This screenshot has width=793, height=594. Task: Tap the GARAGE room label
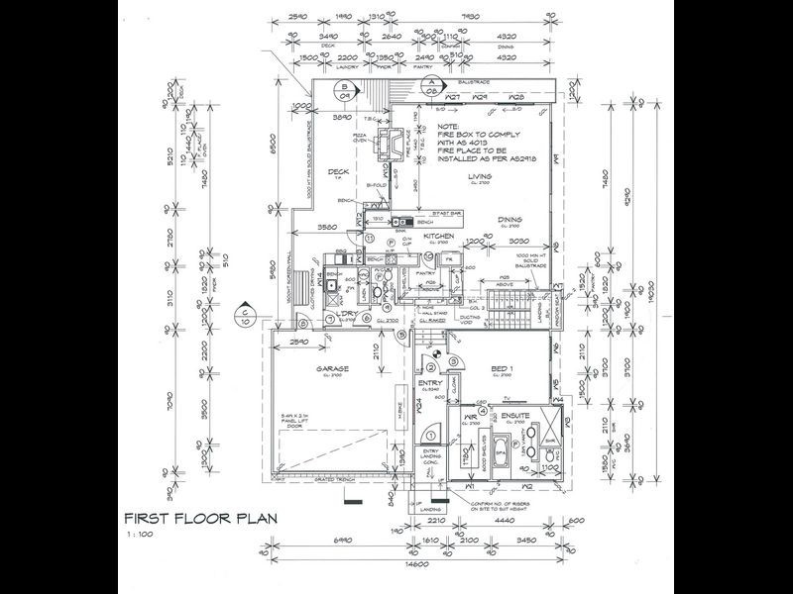(329, 369)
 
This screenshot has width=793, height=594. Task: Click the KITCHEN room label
(438, 238)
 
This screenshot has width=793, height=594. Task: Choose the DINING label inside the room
(511, 222)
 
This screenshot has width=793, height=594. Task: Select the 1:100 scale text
(137, 536)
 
